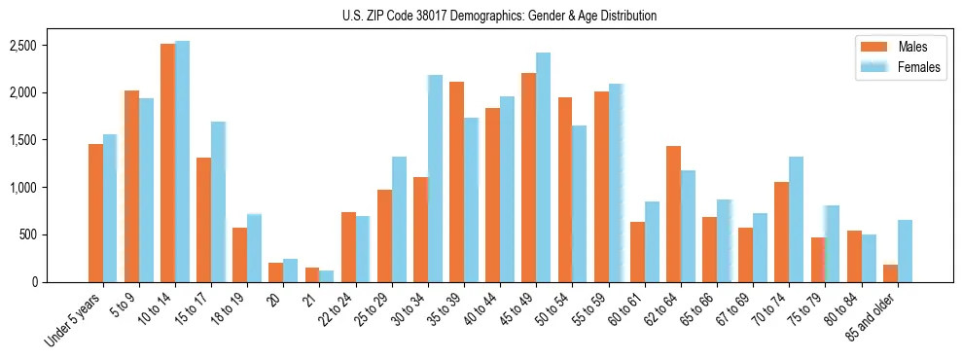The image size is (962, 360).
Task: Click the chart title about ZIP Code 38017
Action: click(x=499, y=16)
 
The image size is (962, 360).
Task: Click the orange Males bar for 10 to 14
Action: click(x=167, y=162)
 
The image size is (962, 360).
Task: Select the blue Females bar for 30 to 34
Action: click(x=435, y=178)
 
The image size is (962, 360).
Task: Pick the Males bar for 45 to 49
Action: click(x=528, y=177)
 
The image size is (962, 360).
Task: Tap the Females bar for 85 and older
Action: click(x=905, y=251)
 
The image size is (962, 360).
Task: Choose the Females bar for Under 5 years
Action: click(x=110, y=208)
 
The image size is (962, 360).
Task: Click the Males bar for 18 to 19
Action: click(x=239, y=255)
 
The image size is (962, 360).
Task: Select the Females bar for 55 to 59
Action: click(x=616, y=183)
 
